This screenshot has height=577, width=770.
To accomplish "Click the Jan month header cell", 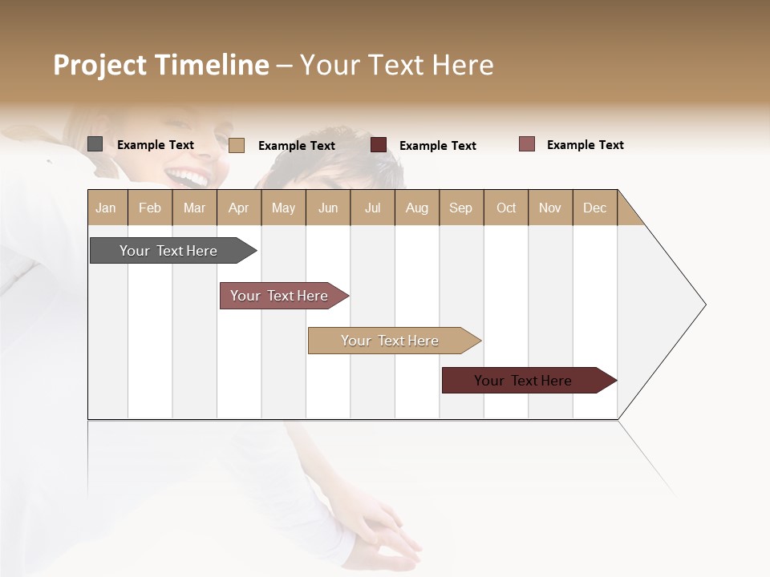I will coord(107,208).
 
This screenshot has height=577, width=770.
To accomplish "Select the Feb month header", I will coord(150,208).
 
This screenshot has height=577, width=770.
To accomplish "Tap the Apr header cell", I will coord(239,208).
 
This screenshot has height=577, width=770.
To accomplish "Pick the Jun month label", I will coord(328,208).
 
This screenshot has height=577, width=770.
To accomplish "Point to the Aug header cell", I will coord(417,208).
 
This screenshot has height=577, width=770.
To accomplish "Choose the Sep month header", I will coord(461,208).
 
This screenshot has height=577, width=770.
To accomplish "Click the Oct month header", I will coord(506,208).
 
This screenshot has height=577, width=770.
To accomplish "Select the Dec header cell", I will coord(595,208).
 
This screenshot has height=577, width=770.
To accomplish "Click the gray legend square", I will coord(95,144).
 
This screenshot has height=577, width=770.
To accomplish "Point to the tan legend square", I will coord(237,145).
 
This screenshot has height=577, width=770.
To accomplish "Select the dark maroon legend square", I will coord(379,145).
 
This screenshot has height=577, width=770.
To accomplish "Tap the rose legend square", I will coord(527,144).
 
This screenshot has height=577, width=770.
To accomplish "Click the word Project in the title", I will coord(100,65).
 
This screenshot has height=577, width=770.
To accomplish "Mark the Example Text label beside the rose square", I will coord(586,145).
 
